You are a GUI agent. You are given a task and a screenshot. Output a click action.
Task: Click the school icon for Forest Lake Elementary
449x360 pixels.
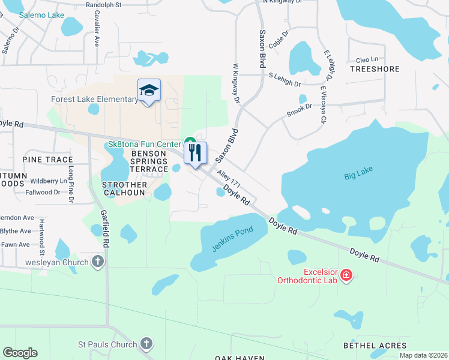click(x=149, y=90)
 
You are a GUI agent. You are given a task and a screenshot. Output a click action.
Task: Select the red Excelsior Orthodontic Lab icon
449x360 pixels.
click(x=346, y=275)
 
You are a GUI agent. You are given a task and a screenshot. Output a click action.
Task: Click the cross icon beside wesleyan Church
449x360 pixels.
click(x=98, y=262)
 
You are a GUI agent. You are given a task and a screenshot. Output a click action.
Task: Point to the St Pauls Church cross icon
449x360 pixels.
click(x=146, y=344)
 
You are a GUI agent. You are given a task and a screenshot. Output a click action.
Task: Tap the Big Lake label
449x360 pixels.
click(x=358, y=174)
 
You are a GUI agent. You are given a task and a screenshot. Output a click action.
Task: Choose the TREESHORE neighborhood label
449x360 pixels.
click(x=375, y=69)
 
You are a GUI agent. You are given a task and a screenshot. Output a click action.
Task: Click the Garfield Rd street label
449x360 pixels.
click(x=105, y=228)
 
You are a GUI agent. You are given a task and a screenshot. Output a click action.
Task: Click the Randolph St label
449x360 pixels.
click(x=104, y=4)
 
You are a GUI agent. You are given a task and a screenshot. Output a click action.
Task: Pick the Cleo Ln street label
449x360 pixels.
click(x=367, y=59)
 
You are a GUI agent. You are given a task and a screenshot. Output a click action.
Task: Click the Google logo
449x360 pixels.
click(x=20, y=353)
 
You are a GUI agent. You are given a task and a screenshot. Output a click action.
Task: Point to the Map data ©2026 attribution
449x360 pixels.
click(x=423, y=355)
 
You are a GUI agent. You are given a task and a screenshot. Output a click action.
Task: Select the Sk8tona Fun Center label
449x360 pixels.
click(x=144, y=145)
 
